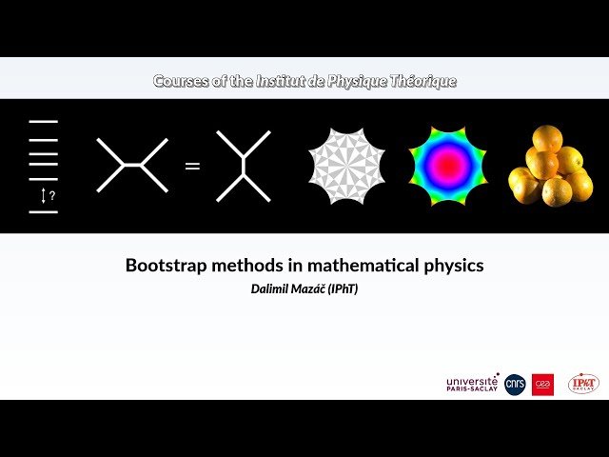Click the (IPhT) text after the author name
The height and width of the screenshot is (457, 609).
click(x=343, y=289)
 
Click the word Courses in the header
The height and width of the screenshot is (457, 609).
click(x=181, y=81)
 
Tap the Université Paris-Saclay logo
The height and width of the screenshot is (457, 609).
click(x=472, y=384)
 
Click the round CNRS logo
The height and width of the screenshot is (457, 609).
click(x=515, y=385)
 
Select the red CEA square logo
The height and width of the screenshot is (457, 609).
click(x=542, y=385)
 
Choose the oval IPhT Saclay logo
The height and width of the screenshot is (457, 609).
click(x=583, y=384)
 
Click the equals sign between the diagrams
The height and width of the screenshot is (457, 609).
click(x=192, y=167)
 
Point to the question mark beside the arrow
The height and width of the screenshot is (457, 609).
click(x=52, y=195)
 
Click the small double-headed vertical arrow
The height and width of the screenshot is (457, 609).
click(x=44, y=195)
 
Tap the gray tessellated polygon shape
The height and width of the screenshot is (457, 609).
click(x=346, y=166)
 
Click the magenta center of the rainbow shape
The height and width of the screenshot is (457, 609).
click(x=448, y=165)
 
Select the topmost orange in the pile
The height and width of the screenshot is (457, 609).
click(x=547, y=138)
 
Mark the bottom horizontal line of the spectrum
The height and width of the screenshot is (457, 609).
click(x=44, y=212)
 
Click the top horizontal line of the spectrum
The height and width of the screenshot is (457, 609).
click(x=44, y=122)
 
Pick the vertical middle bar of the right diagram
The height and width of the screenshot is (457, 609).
click(x=244, y=167)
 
